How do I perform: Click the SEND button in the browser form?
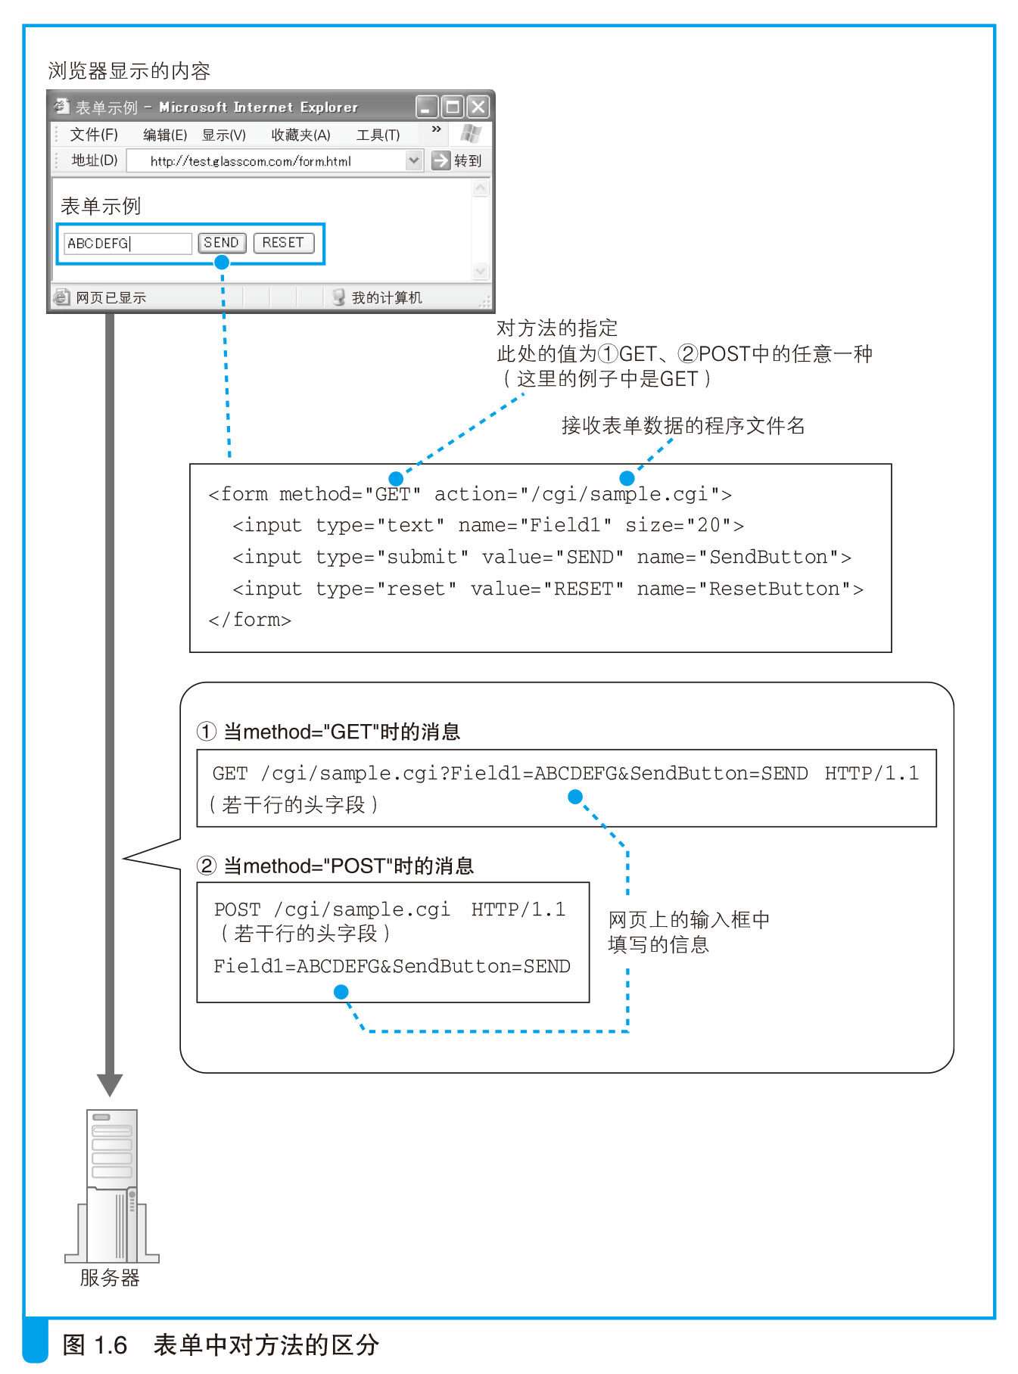point(222,243)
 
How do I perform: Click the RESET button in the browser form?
point(283,243)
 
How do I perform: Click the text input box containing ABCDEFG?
point(127,244)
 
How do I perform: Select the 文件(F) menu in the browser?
point(94,135)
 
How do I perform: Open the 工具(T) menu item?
point(378,135)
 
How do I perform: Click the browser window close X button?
point(478,107)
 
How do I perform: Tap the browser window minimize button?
point(427,107)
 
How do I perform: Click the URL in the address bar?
point(251,161)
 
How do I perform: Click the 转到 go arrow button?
point(441,160)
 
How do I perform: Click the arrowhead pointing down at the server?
point(110,1084)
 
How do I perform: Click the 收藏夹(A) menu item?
point(300,135)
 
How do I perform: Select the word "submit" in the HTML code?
point(422,558)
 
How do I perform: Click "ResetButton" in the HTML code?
point(774,589)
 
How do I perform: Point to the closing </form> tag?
point(250,620)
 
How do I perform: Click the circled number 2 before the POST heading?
point(206,866)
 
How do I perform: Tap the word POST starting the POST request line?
point(237,909)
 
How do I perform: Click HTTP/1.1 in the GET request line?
point(871,773)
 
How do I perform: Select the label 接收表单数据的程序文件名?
point(683,426)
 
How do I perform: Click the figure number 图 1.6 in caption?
point(95,1344)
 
